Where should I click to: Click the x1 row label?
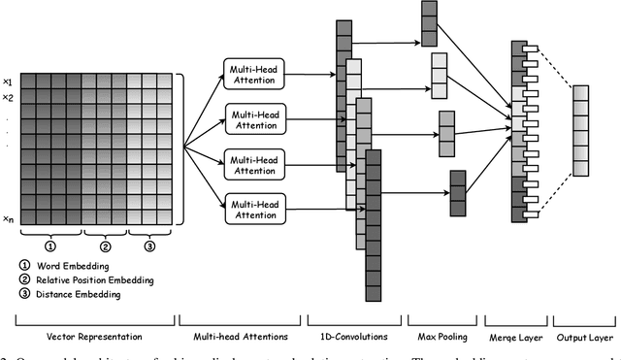click(8, 82)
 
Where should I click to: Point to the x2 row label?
click(8, 98)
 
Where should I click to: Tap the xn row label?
click(8, 219)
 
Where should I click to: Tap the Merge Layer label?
click(515, 336)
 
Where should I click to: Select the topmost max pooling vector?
click(430, 24)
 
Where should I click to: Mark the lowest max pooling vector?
click(458, 192)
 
